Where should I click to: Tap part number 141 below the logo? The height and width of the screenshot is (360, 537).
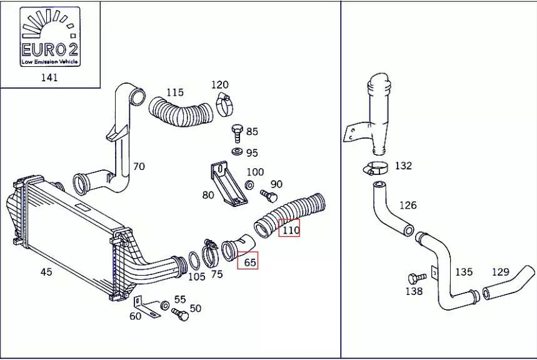[49, 77]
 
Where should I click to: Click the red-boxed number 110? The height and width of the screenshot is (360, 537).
[290, 230]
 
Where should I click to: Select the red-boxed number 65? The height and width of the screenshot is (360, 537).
[249, 262]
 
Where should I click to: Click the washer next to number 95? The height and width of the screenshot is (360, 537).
[238, 152]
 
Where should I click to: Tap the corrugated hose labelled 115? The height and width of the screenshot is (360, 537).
[181, 114]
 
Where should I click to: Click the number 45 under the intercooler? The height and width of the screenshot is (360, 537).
[46, 272]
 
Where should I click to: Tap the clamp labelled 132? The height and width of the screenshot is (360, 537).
[376, 167]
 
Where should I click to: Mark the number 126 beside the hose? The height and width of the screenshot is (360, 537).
[408, 206]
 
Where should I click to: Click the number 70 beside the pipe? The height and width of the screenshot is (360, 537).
[139, 166]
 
